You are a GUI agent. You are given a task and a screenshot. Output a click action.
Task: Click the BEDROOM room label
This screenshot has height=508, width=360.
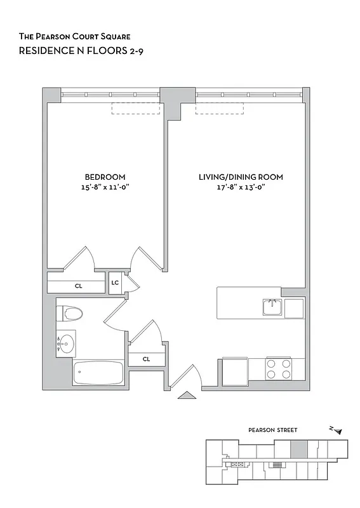pos(105,177)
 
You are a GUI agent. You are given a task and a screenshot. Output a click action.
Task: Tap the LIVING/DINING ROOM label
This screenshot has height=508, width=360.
pos(241,177)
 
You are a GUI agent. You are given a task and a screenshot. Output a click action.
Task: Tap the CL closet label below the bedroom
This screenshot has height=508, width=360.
pos(78,286)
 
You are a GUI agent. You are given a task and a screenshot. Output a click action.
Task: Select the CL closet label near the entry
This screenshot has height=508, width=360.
pos(146,359)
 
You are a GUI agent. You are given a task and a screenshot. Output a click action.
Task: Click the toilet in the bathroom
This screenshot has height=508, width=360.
pos(70,313)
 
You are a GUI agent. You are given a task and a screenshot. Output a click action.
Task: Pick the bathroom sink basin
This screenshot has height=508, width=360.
pos(65,344)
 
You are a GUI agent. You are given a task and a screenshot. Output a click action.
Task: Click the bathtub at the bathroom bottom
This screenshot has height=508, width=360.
pos(98,373)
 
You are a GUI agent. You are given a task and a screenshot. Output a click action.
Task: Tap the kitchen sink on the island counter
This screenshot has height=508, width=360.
pos(272,307)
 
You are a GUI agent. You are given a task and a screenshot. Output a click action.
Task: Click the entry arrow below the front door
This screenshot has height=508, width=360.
pos(187,396)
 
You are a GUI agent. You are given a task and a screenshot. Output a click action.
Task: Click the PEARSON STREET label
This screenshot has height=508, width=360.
pos(272,430)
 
